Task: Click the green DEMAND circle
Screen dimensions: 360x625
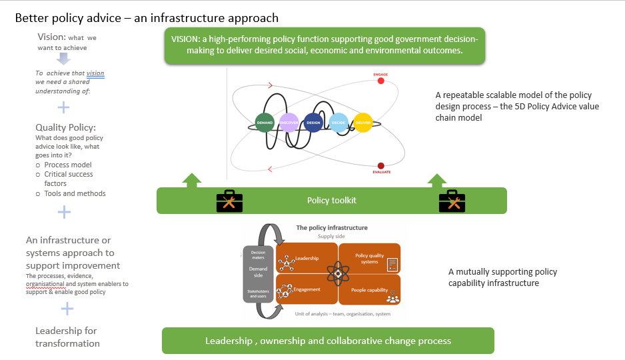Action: tap(266, 122)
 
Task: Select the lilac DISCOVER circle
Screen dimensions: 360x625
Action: tap(289, 122)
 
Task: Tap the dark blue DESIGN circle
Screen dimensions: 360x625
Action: tap(312, 122)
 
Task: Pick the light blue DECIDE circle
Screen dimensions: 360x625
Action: tap(337, 122)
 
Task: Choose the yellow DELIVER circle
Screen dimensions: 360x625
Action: tap(362, 122)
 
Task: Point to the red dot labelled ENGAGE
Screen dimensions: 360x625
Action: tap(381, 81)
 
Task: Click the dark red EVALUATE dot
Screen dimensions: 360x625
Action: tap(381, 165)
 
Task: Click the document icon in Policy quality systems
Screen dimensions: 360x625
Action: tap(392, 265)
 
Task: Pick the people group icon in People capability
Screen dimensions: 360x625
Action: tap(392, 297)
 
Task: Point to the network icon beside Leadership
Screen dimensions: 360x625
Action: tap(287, 262)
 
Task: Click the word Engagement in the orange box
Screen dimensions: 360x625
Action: tap(307, 289)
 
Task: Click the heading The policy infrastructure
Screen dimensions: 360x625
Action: tap(331, 228)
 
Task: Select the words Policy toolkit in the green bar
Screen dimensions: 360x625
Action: tap(331, 201)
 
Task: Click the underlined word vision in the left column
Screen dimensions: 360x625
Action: tap(95, 73)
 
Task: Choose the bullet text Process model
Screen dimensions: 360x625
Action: tap(68, 165)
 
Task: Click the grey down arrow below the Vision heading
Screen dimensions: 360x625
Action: tap(63, 58)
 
